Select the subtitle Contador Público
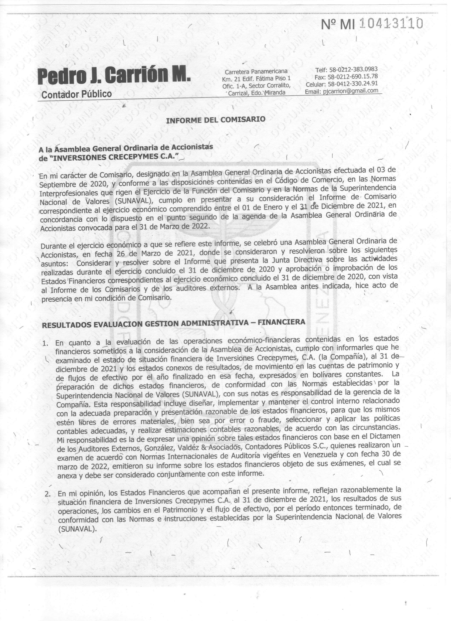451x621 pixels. (x=76, y=94)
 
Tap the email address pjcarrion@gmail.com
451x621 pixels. (x=351, y=91)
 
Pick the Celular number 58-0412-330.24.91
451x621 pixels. (x=353, y=84)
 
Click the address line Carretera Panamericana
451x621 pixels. (x=256, y=72)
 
